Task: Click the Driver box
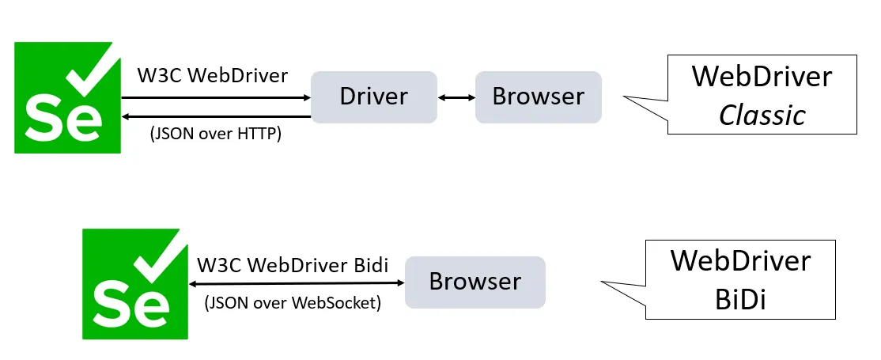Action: point(373,97)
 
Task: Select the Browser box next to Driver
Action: point(538,97)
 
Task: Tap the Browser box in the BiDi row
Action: point(475,282)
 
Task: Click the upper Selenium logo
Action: point(68,98)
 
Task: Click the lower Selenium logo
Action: point(135,284)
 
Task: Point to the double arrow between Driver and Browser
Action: point(456,97)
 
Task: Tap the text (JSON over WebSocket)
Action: point(293,302)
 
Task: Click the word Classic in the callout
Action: point(762,116)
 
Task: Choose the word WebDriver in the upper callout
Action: point(762,77)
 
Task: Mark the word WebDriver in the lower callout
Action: point(740,260)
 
